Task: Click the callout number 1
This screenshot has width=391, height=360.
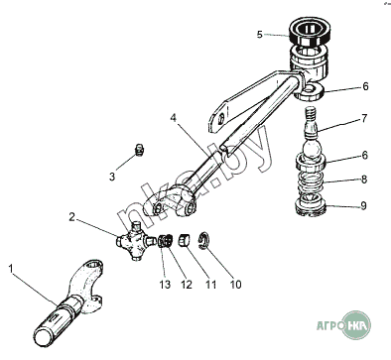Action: point(11,269)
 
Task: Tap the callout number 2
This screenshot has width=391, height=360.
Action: point(72,217)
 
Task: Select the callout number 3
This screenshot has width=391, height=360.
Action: point(112,177)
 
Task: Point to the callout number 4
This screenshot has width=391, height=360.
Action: point(174,118)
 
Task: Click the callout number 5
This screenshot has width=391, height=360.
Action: point(260,35)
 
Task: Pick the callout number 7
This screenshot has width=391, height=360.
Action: point(364,118)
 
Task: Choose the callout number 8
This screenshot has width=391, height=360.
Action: point(364,180)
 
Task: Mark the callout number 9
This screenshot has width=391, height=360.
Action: point(363,206)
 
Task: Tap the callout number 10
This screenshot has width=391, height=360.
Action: point(235,285)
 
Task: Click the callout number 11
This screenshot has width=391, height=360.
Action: point(210,285)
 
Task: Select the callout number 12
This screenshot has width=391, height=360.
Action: point(187,285)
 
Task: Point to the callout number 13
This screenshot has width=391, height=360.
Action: point(165,285)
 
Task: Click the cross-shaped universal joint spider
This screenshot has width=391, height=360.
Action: point(136,241)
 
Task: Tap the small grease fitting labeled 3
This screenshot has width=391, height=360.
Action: point(140,150)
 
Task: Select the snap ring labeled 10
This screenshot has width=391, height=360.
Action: point(202,240)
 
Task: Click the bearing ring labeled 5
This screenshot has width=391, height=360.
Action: point(310,32)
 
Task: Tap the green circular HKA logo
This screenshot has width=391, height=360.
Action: point(355,325)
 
